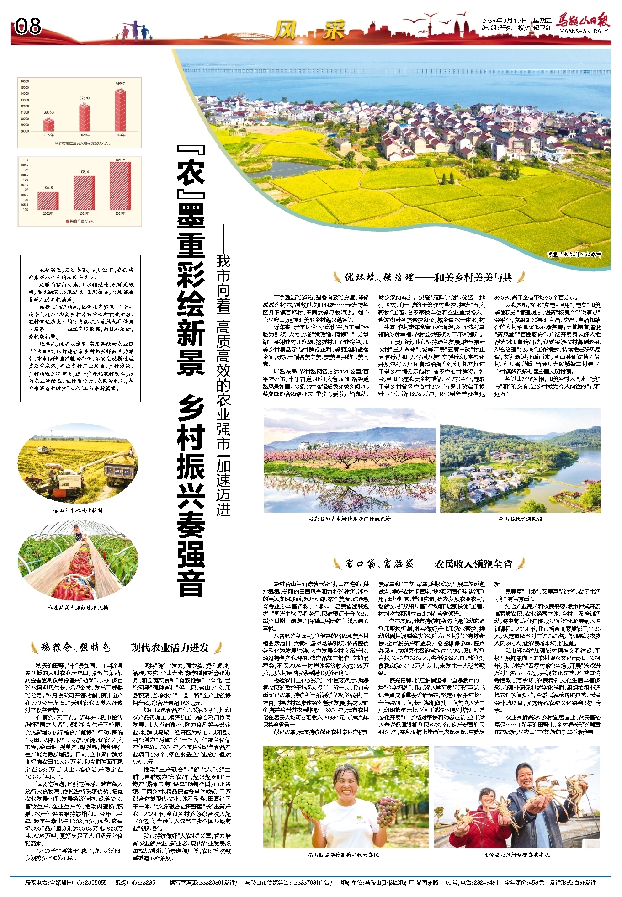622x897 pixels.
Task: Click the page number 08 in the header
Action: pyautogui.click(x=28, y=27)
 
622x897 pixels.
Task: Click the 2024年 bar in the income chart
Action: pyautogui.click(x=120, y=110)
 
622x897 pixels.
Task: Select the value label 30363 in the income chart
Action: pyautogui.click(x=49, y=112)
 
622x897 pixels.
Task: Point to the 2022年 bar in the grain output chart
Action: pyautogui.click(x=48, y=201)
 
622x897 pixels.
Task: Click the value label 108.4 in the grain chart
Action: pyautogui.click(x=84, y=172)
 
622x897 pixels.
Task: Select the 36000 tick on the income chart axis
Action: pyautogui.click(x=25, y=81)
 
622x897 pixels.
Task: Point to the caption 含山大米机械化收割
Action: pyautogui.click(x=78, y=510)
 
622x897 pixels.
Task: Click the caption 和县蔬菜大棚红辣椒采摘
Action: pyautogui.click(x=78, y=608)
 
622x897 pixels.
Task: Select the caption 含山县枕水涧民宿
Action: pyautogui.click(x=520, y=519)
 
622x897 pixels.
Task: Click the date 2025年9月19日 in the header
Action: pyautogui.click(x=505, y=21)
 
